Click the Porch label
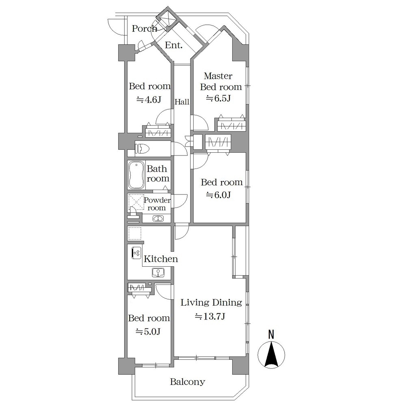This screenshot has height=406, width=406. pyautogui.click(x=145, y=28)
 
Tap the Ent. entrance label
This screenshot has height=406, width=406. pyautogui.click(x=174, y=45)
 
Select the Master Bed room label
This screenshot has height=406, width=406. pyautogui.click(x=221, y=81)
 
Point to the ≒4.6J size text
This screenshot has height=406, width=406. pyautogui.click(x=149, y=99)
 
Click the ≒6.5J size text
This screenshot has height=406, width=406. pyautogui.click(x=218, y=98)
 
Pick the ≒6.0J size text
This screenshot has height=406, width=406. pyautogui.click(x=218, y=195)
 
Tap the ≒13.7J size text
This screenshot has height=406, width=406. pyautogui.click(x=210, y=316)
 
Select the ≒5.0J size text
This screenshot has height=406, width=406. pyautogui.click(x=148, y=331)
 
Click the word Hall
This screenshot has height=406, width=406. pyautogui.click(x=182, y=102)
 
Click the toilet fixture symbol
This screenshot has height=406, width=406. pyautogui.click(x=143, y=149)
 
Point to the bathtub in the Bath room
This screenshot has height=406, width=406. pyautogui.click(x=136, y=175)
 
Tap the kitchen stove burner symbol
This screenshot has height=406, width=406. pyautogui.click(x=136, y=253)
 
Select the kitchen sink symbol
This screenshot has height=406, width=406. pyautogui.click(x=158, y=272)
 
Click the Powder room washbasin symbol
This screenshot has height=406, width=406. pyautogui.click(x=158, y=219)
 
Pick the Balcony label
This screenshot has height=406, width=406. pyautogui.click(x=188, y=382)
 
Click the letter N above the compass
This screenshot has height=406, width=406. pyautogui.click(x=271, y=335)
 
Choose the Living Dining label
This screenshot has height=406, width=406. pyautogui.click(x=211, y=302)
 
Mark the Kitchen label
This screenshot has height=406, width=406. pyautogui.click(x=161, y=259)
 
